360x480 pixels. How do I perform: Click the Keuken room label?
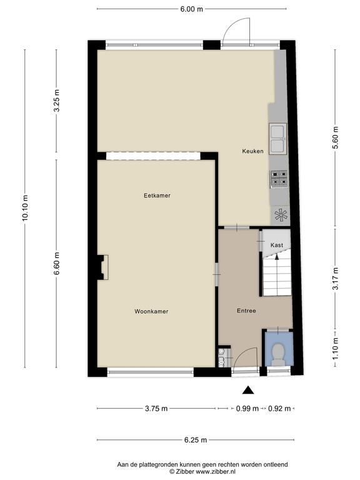[252, 151]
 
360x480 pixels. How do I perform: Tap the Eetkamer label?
[157, 195]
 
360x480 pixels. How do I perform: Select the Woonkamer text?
[151, 311]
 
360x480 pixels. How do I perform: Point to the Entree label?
[246, 311]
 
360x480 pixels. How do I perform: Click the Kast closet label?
[277, 245]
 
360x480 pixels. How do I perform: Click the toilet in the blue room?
[278, 354]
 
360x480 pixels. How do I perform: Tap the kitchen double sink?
[277, 138]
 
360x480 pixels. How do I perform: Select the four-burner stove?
[279, 179]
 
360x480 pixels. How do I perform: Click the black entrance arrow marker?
[248, 390]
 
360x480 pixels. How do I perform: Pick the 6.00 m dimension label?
[192, 9]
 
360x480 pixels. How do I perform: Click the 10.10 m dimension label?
[25, 207]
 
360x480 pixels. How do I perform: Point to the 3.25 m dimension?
[57, 101]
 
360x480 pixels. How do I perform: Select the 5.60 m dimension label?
[336, 137]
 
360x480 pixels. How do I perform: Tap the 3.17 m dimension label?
[336, 279]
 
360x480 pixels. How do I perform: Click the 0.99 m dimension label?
[247, 408]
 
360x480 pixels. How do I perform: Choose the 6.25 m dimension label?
[196, 440]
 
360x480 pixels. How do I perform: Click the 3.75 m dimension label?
[156, 408]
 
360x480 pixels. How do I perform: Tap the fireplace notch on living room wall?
[103, 267]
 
